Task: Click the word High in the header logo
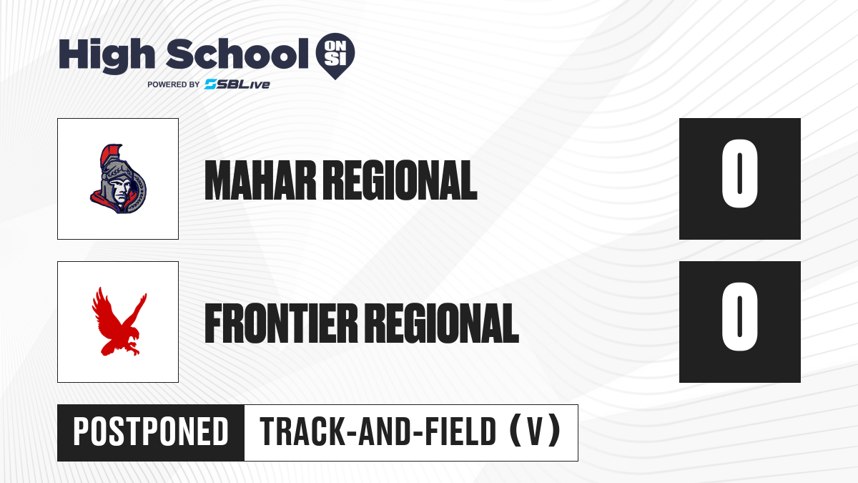tap(107, 55)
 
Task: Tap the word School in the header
tap(237, 54)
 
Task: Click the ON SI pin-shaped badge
tap(335, 56)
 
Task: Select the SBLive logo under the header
tap(237, 84)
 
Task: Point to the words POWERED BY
tap(174, 84)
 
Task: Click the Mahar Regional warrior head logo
tap(118, 179)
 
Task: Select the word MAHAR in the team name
tap(260, 180)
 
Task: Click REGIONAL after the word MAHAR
tap(400, 180)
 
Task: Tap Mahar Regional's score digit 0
tap(739, 173)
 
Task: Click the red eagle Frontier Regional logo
tap(119, 321)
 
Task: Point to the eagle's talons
tap(133, 348)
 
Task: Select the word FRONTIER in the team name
tap(281, 323)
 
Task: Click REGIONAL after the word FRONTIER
tap(442, 323)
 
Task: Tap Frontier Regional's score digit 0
tap(739, 316)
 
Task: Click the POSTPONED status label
tap(151, 431)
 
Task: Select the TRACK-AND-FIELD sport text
tap(378, 431)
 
